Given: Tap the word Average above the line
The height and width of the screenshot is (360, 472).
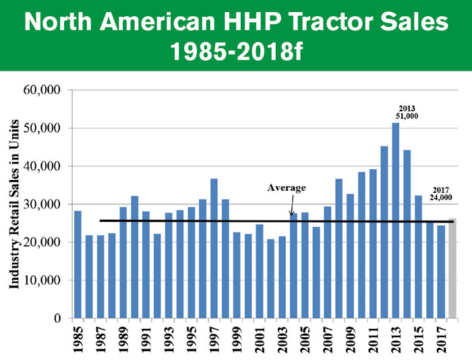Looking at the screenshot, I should click(x=287, y=188).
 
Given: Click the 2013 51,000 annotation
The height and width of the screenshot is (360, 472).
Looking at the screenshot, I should click(x=406, y=112).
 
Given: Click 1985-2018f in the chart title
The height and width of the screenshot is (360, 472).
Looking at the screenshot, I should click(x=235, y=51).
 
